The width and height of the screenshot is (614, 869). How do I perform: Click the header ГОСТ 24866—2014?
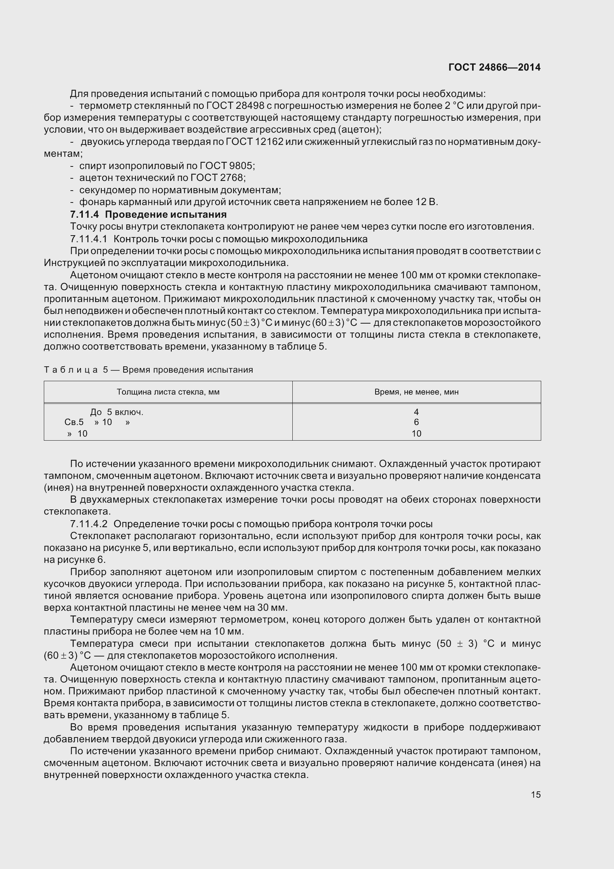(494, 67)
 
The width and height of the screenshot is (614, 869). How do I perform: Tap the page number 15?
(535, 794)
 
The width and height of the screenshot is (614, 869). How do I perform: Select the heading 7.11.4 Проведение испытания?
(148, 214)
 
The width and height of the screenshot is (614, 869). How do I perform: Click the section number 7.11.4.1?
(88, 239)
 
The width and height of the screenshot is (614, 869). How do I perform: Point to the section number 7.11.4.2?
(88, 524)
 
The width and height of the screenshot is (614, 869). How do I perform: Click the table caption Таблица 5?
(76, 370)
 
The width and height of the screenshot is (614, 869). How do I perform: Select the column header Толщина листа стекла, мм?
(168, 392)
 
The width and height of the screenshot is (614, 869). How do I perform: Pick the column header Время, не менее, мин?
(416, 392)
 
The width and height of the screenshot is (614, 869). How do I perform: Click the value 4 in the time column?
(416, 412)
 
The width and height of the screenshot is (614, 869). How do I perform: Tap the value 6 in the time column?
(416, 422)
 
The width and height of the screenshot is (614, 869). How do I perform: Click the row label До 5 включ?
(117, 412)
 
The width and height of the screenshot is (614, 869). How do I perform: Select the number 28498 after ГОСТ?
(250, 106)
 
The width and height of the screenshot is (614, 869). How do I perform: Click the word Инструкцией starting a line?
(70, 263)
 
